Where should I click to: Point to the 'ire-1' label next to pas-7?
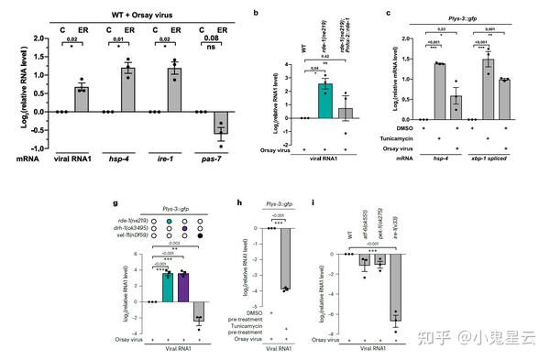tap(170, 158)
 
